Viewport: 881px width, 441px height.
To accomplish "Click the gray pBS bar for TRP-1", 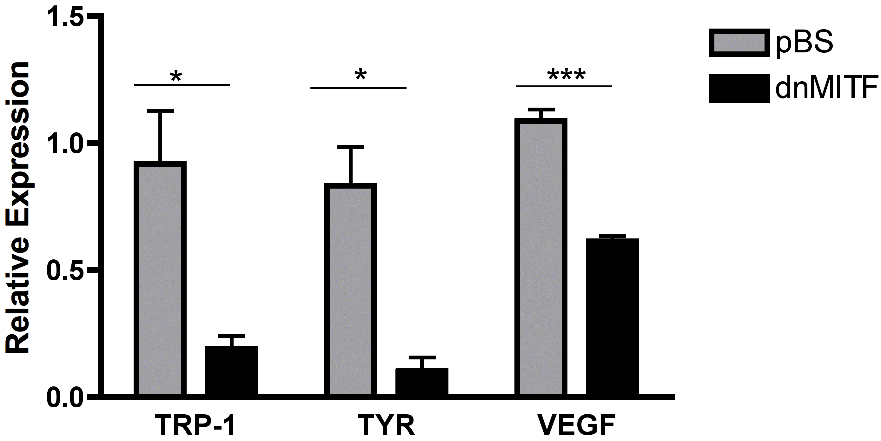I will pos(160,279).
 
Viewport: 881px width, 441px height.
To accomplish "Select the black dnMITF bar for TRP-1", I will pos(231,371).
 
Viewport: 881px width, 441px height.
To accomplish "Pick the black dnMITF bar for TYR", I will pos(422,382).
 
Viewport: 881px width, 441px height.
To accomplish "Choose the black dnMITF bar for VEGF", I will pos(612,317).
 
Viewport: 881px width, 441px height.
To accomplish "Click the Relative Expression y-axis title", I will pos(18,207).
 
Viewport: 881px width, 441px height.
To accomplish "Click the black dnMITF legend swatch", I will pos(739,88).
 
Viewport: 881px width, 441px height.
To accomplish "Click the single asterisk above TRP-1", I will pos(176,77).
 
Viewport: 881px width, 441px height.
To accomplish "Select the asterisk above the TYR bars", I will pos(361,75).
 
